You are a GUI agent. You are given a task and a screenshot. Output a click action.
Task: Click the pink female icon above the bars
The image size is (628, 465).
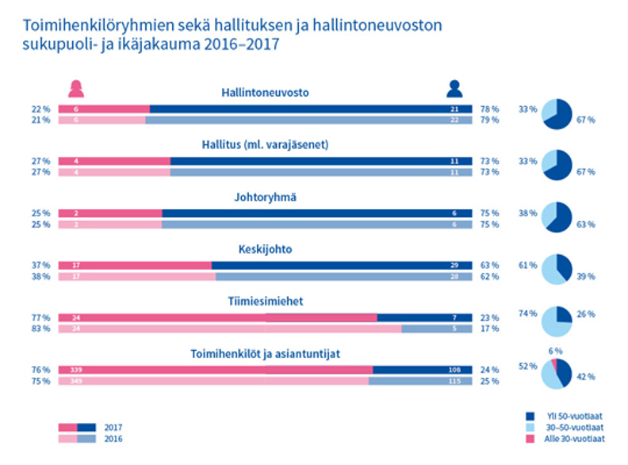[76, 89]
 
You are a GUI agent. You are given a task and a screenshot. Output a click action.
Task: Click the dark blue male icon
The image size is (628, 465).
[454, 89]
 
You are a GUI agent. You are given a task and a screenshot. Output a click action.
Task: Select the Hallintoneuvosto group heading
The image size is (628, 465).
[264, 93]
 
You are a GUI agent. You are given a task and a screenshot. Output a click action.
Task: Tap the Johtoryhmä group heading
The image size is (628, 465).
[264, 198]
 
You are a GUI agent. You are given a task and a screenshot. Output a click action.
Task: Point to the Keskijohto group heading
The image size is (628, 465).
[265, 249]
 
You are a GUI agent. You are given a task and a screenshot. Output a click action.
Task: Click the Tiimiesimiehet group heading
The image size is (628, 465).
[265, 302]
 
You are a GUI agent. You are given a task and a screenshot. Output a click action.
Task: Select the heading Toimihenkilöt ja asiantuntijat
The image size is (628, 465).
[265, 354]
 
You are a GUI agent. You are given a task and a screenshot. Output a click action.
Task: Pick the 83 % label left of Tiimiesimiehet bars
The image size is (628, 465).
[40, 328]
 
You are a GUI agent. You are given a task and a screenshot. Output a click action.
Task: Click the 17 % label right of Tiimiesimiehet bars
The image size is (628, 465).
[490, 328]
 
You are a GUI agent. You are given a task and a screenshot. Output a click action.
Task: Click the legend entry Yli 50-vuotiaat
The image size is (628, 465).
[573, 415]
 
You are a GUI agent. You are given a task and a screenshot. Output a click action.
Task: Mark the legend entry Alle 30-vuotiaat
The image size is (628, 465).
[574, 438]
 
